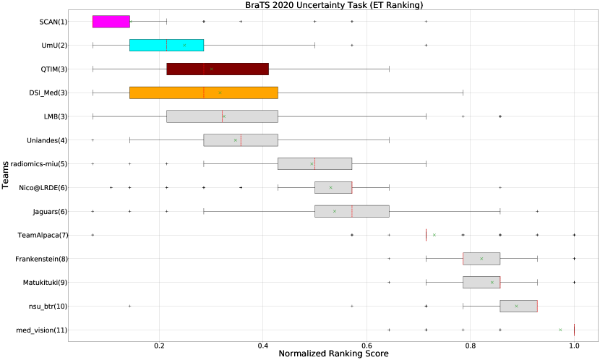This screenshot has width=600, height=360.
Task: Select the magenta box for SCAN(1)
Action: click(111, 22)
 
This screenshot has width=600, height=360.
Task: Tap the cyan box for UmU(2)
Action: click(166, 45)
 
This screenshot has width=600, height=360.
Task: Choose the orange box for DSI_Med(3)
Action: click(203, 93)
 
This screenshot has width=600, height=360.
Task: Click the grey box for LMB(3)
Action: click(222, 116)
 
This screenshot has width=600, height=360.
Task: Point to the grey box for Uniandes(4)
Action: click(241, 140)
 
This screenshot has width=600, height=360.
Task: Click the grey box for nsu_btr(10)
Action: click(518, 306)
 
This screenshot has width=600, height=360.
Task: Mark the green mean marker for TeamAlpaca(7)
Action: click(434, 235)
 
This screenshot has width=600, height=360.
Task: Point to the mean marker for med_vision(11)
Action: click(560, 330)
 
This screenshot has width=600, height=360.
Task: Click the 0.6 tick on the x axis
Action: click(367, 346)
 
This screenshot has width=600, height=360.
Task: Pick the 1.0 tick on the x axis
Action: click(574, 346)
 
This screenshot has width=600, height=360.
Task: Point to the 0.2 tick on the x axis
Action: click(160, 346)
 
